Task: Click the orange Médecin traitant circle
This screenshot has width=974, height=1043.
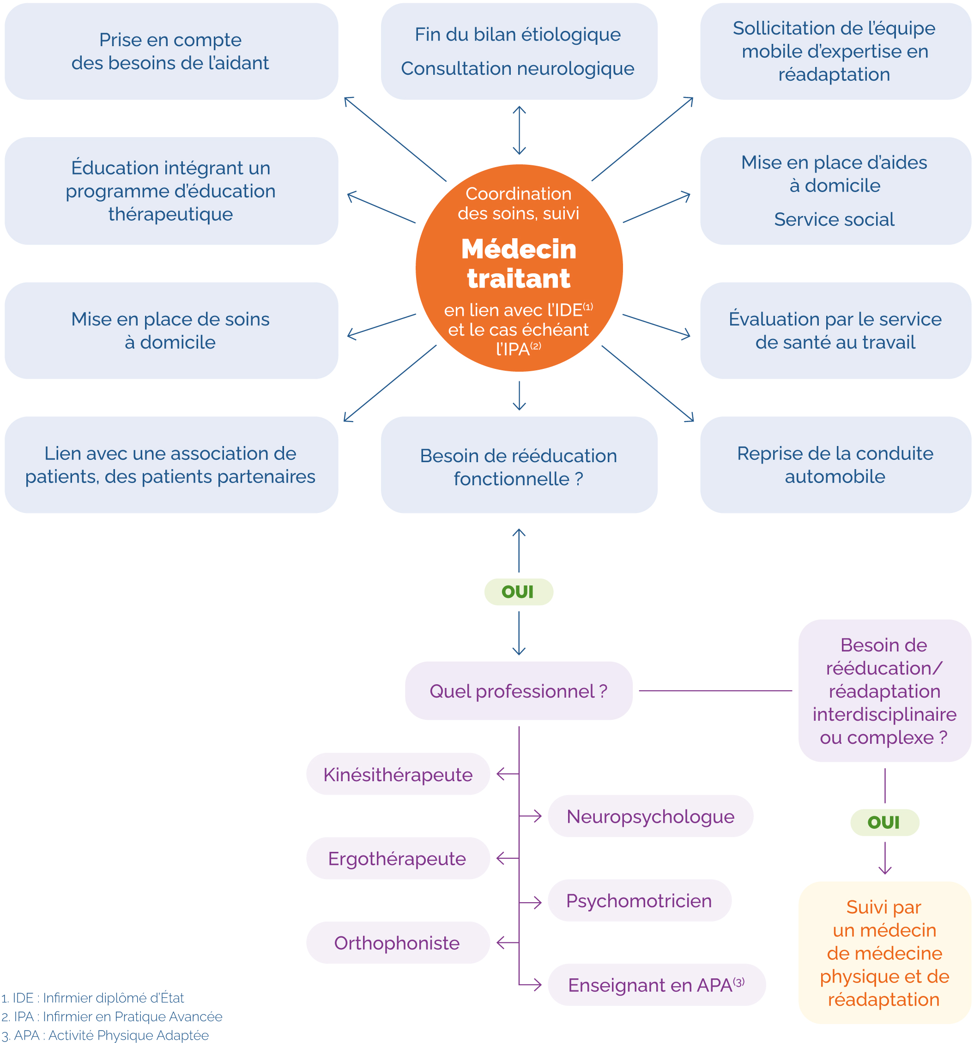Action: [x=519, y=268]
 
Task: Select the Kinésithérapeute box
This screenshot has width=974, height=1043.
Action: [x=398, y=774]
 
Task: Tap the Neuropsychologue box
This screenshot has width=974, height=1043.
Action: [x=650, y=816]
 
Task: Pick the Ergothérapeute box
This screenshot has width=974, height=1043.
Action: [x=398, y=858]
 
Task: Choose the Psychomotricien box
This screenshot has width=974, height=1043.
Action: [x=639, y=901]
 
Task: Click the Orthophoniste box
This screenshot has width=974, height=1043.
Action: [x=398, y=943]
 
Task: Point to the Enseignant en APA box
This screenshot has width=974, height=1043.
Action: [x=656, y=985]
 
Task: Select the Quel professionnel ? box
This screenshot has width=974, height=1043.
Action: [x=519, y=691]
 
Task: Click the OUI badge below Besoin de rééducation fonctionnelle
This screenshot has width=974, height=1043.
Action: [x=519, y=592]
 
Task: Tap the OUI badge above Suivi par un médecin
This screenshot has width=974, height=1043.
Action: [x=884, y=822]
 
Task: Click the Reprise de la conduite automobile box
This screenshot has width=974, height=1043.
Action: [x=835, y=465]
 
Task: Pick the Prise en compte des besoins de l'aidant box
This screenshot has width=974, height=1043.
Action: [x=171, y=51]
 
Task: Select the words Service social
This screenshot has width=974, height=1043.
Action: [x=834, y=219]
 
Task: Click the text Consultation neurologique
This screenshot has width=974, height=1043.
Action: [x=517, y=69]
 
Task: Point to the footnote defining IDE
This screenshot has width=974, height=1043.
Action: [x=93, y=998]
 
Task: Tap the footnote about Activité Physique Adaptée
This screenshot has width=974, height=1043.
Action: [x=105, y=1035]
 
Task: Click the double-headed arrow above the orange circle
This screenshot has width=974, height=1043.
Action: [x=519, y=130]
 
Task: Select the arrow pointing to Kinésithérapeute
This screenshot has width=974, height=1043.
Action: [x=507, y=773]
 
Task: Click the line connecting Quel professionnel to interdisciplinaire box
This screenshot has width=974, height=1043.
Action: [x=715, y=691]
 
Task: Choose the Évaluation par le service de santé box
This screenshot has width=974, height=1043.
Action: [x=835, y=331]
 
